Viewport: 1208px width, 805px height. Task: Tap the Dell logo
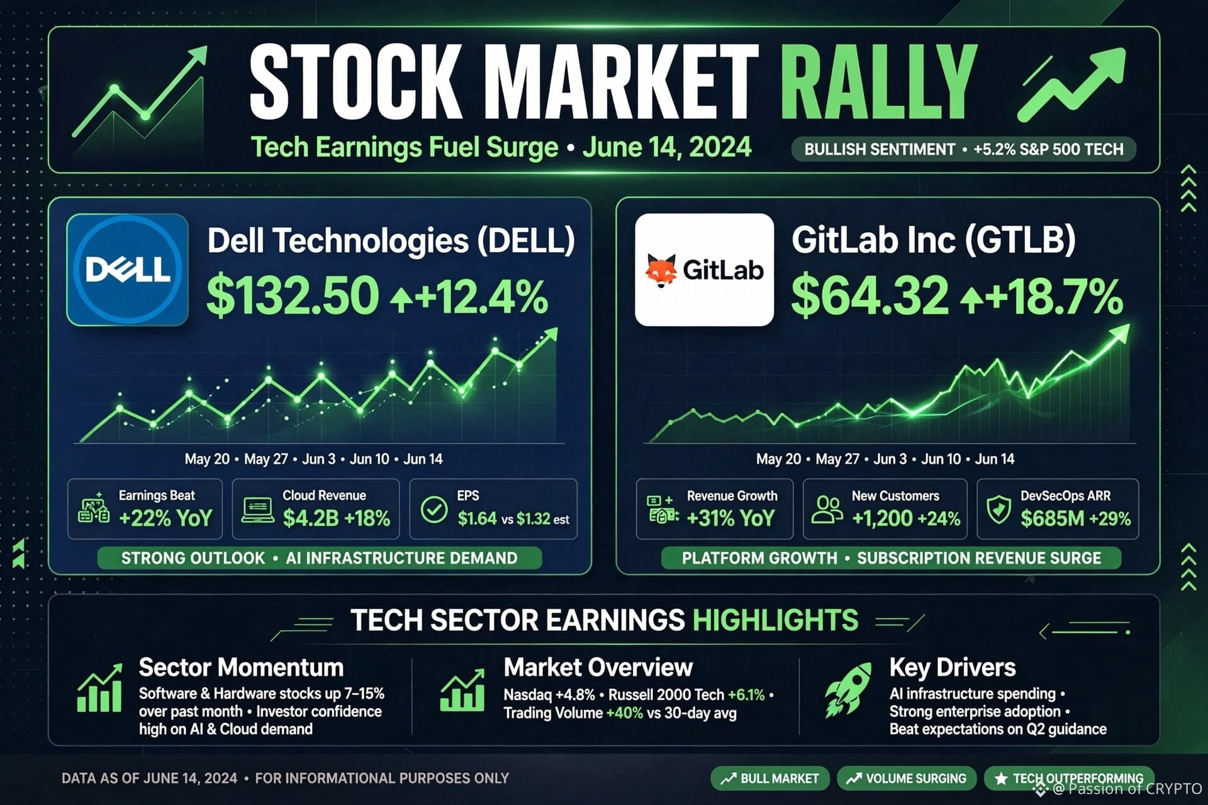point(128,270)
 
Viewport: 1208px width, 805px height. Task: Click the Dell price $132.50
point(293,296)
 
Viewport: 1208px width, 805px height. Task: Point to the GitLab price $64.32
point(870,296)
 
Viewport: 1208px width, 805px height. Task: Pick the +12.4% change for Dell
point(469,297)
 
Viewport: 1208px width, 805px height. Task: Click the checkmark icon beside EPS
point(434,510)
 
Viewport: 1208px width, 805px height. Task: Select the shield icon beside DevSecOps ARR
point(998,509)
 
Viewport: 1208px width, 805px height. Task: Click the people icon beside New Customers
point(827,509)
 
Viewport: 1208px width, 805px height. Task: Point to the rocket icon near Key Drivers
point(848,690)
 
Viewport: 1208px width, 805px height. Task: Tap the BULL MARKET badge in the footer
point(770,779)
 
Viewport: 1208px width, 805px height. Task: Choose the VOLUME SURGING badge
point(907,779)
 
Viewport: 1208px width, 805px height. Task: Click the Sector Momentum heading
point(241,667)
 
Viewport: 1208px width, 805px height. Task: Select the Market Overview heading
point(598,667)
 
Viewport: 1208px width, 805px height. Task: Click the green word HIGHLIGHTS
point(775,620)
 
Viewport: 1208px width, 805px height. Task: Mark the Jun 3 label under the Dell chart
point(318,459)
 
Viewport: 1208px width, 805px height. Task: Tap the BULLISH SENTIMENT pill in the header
point(964,150)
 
